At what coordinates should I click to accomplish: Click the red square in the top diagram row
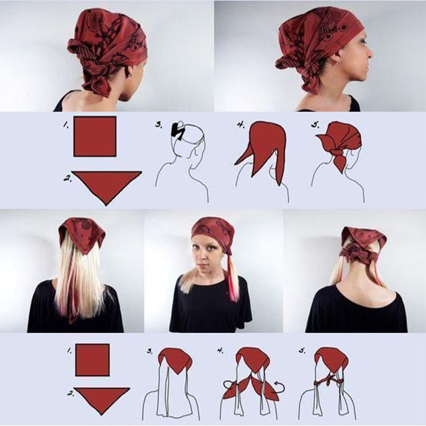pos(95,136)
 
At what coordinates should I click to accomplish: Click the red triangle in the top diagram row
pos(106,185)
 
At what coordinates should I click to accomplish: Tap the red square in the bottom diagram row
pos(92,360)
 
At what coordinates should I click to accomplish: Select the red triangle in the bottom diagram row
pos(102,398)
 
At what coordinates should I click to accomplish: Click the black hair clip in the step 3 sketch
pos(177,130)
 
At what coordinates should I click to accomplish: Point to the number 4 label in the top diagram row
pos(241,125)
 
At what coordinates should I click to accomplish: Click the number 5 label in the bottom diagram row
pos(302,350)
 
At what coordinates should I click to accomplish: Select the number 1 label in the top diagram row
pos(65,125)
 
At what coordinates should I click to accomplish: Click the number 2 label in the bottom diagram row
pos(71,393)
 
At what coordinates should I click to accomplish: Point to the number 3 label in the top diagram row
pos(159,125)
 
